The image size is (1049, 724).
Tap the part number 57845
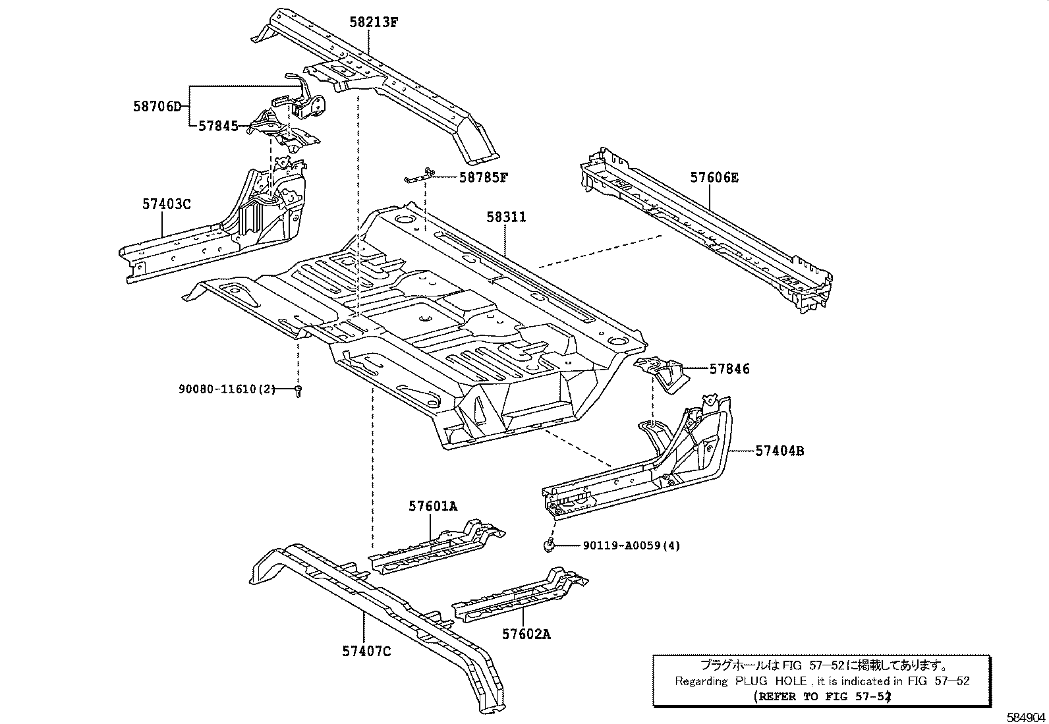coord(218,125)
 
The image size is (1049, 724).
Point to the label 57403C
coord(166,204)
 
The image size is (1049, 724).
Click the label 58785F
coord(484,177)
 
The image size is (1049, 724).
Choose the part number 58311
coord(506,217)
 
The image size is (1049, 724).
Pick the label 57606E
coord(714,177)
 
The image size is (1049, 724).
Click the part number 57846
coord(729,370)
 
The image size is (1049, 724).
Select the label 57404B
coord(780,451)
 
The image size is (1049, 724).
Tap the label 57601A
coord(432,506)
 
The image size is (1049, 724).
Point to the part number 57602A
coord(526,634)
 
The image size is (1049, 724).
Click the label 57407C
coord(366,652)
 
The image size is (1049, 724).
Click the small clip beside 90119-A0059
coord(548,543)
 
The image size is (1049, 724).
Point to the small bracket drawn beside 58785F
coord(420,175)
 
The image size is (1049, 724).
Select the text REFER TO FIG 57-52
coord(821,696)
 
